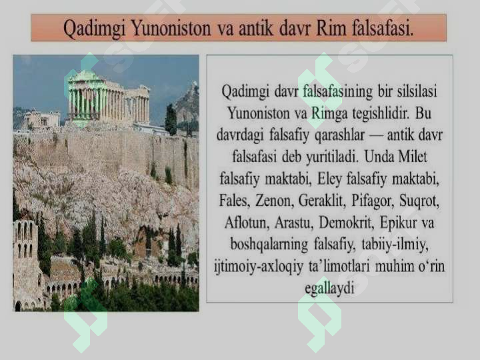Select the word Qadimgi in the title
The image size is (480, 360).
[93, 28]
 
